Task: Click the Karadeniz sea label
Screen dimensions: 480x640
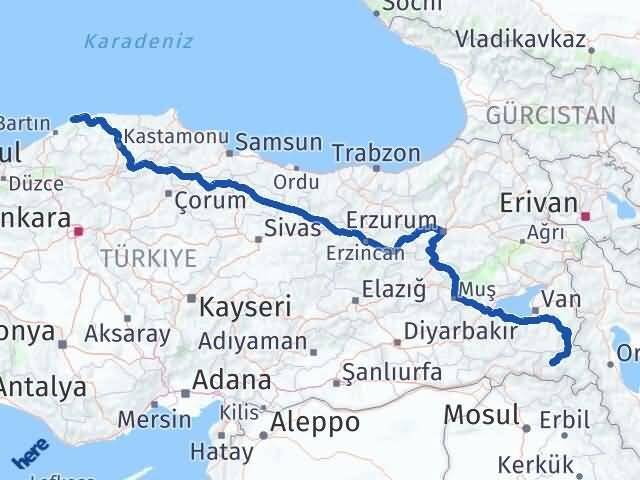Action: point(139,42)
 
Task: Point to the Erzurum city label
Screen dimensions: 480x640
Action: point(391,219)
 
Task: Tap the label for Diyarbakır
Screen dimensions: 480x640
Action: point(461,331)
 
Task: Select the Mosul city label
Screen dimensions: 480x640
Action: point(481,413)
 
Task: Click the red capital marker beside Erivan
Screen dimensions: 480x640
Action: point(586,214)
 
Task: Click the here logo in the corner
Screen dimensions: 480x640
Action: point(30,455)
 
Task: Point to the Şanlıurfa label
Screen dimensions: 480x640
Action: point(391,372)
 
